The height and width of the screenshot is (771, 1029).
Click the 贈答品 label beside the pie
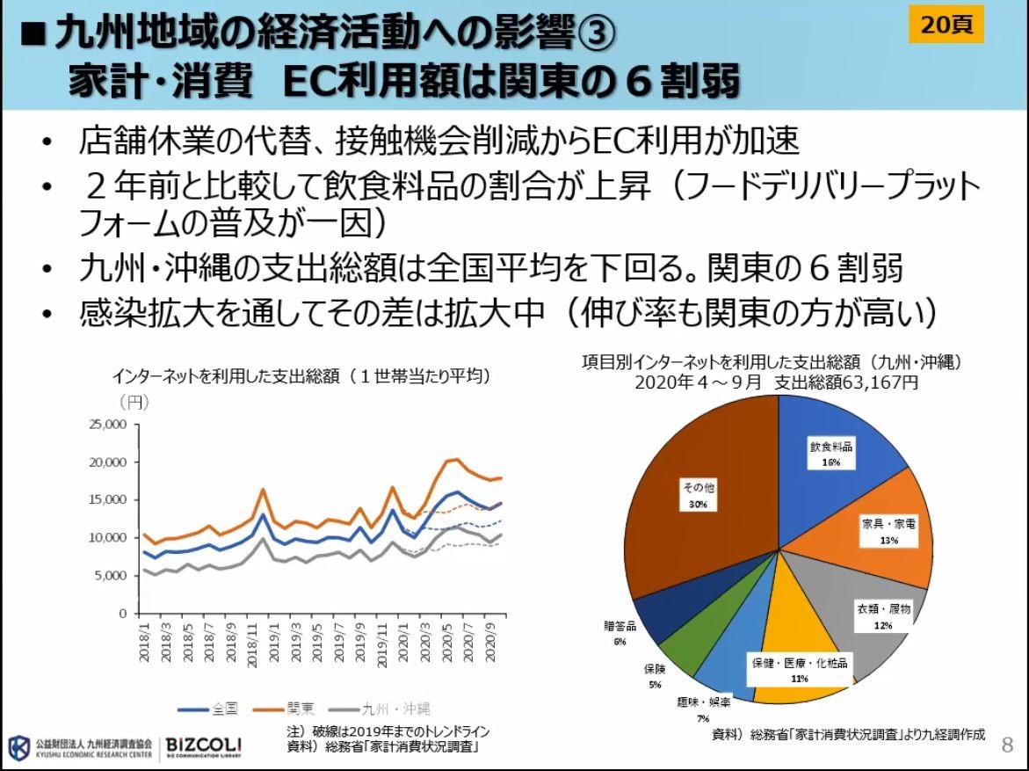[x=620, y=625]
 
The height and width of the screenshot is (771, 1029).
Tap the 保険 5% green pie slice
[x=682, y=651]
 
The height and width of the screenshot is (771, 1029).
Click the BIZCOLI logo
[x=204, y=746]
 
